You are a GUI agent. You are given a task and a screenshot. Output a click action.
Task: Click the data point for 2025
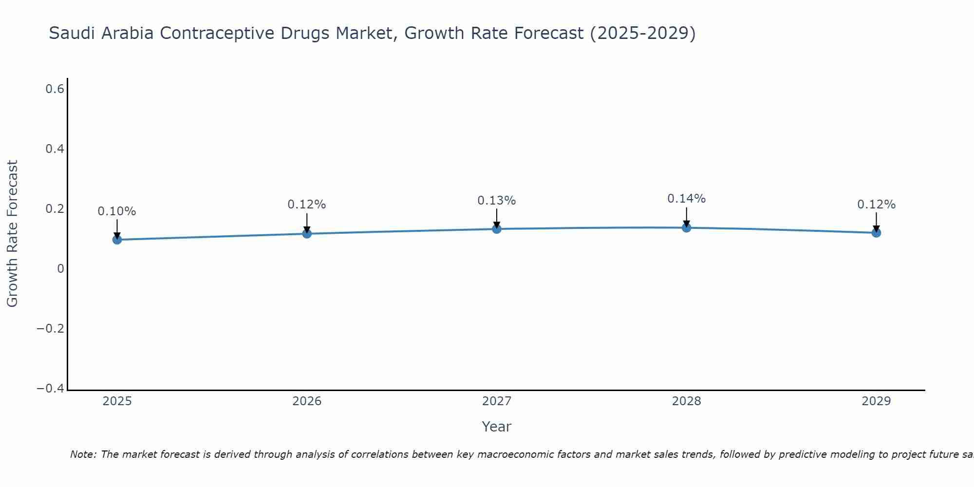117,240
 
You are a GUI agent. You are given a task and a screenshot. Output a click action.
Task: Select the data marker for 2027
497,229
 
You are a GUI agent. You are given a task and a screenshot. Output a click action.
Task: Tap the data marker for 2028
687,227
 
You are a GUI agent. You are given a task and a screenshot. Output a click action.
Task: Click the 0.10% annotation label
117,211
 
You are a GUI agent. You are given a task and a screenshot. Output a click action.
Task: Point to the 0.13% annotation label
496,201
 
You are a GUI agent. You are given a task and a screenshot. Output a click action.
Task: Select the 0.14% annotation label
686,199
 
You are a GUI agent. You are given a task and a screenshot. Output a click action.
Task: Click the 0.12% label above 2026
306,205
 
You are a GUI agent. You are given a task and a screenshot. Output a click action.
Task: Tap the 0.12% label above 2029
876,205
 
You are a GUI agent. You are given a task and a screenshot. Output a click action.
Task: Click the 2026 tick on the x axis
307,401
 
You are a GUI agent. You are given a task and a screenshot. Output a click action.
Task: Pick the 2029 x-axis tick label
876,401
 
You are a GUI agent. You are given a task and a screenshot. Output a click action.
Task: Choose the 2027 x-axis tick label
497,401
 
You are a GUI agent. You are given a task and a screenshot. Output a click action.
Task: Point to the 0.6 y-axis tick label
55,89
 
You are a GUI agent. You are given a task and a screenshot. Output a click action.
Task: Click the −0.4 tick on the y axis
51,389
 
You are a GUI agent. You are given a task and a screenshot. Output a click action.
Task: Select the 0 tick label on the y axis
60,269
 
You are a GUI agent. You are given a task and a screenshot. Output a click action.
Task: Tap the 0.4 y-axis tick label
55,149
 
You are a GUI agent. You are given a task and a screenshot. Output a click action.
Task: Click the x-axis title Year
496,427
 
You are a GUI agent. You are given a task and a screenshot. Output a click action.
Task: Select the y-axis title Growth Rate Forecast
12,234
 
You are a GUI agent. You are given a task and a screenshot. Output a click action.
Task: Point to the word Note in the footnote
82,455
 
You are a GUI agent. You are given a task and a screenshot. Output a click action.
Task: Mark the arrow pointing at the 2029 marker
876,222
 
